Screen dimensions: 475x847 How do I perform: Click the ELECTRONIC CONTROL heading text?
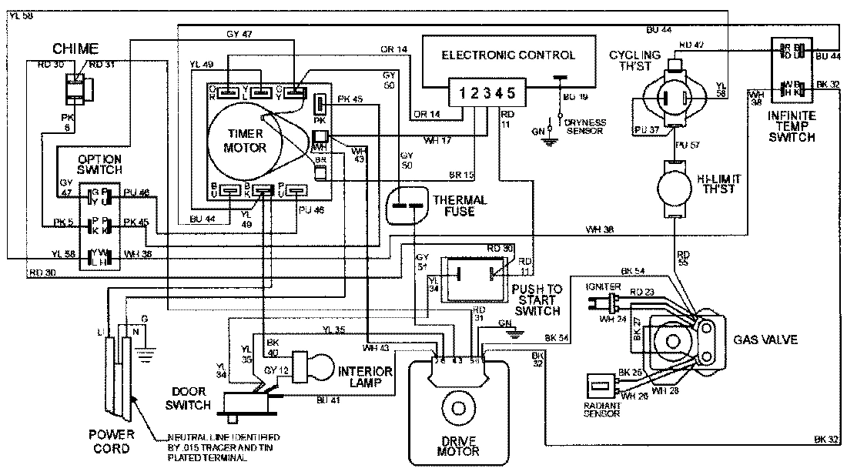tap(508, 55)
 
